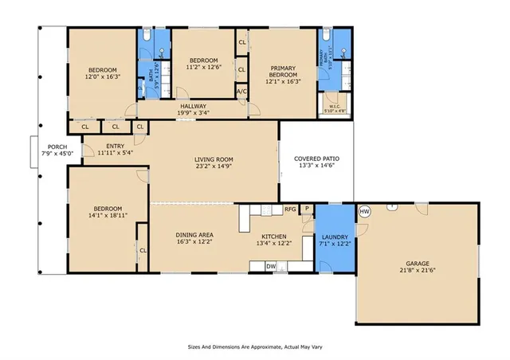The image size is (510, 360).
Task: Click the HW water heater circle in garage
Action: [365, 211]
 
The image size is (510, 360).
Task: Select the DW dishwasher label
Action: [271, 266]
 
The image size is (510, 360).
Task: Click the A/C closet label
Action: [241, 92]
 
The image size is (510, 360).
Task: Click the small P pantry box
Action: [305, 209]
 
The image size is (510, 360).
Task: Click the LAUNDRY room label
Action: [334, 237]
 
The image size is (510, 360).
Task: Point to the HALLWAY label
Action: [193, 106]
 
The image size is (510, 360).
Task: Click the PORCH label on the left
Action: [57, 146]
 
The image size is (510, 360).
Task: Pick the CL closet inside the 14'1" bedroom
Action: [143, 251]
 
